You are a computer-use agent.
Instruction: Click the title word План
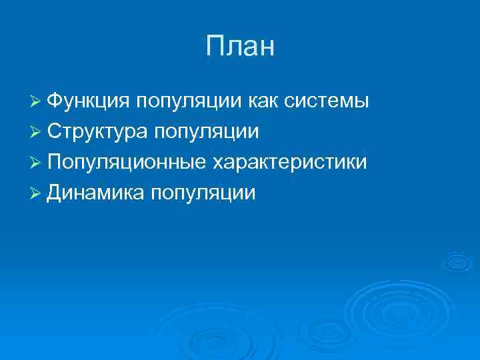tap(240, 47)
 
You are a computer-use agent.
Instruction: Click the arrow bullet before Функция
tap(37, 102)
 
